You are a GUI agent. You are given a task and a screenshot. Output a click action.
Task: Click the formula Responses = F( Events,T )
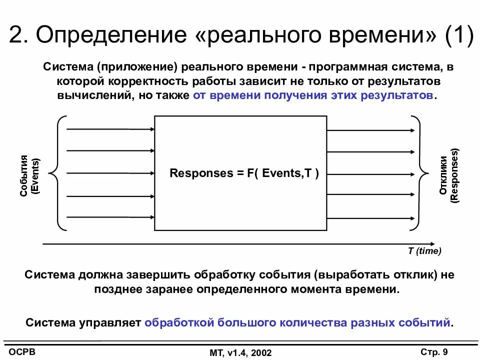click(x=244, y=173)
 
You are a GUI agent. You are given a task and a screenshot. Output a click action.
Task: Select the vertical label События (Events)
click(x=30, y=176)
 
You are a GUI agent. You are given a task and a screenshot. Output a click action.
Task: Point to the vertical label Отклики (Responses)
click(x=449, y=175)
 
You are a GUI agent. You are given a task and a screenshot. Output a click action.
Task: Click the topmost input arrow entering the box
click(x=110, y=129)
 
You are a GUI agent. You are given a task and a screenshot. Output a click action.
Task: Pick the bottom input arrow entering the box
click(x=110, y=217)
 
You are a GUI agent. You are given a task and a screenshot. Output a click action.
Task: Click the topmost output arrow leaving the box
click(x=370, y=131)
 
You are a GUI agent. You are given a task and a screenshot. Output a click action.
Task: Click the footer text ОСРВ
click(x=22, y=351)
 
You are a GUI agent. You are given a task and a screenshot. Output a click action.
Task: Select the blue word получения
click(x=294, y=95)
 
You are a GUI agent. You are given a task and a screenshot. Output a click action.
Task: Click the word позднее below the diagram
click(x=117, y=289)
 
